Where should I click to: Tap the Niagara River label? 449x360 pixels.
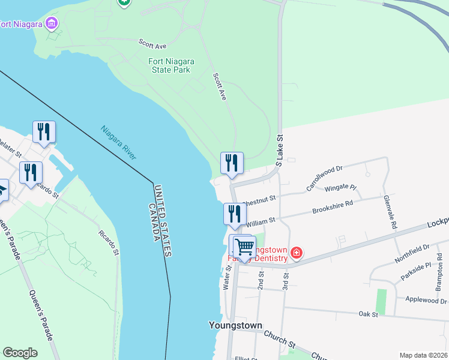(x=118, y=143)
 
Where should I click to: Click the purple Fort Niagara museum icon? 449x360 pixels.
(x=52, y=24)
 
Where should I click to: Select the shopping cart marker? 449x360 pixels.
(x=244, y=247)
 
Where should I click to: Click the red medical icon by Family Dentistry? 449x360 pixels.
(x=295, y=254)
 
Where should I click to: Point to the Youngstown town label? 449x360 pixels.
(x=235, y=326)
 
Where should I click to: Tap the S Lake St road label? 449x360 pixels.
(x=279, y=151)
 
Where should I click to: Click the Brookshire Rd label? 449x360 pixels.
(x=332, y=207)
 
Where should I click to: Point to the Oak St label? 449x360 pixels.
(x=368, y=314)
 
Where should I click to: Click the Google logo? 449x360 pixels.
(x=20, y=353)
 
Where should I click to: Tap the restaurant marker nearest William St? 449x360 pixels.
(x=235, y=214)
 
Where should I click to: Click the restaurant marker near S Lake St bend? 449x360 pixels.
(x=232, y=163)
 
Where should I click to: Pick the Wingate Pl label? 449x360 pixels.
(x=340, y=187)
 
